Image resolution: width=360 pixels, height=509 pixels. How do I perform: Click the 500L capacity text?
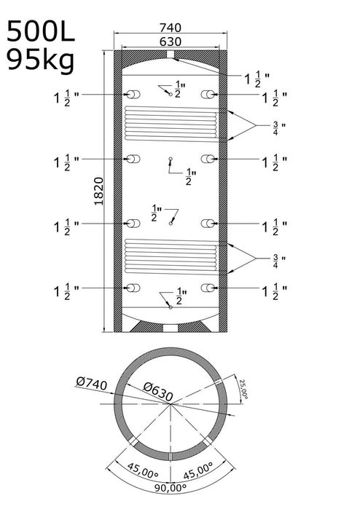point(41,31)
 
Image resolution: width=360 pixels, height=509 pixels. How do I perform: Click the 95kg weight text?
point(41,60)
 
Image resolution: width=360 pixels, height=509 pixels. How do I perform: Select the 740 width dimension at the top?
point(171,28)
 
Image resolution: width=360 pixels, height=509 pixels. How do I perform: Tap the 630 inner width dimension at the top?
point(171,42)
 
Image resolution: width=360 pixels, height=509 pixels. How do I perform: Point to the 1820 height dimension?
point(98,192)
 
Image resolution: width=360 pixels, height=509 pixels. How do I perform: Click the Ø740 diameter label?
point(92,383)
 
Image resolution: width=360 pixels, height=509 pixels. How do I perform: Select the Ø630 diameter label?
point(158,391)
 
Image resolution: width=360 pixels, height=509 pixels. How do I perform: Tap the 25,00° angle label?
point(243,389)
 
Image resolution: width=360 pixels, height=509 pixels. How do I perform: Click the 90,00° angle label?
point(171,488)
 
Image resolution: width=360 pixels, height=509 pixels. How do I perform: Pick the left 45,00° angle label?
point(143,471)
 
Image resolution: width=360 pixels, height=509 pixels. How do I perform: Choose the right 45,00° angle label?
point(198,471)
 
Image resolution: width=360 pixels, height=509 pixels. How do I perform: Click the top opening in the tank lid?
point(171,54)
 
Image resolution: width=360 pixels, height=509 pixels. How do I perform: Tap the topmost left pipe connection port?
point(133,95)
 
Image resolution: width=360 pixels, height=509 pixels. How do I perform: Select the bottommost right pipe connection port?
point(208,288)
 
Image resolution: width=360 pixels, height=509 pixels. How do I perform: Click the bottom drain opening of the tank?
point(171,328)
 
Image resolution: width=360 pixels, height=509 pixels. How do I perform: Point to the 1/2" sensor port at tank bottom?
point(171,307)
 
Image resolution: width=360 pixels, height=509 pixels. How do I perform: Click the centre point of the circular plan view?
point(171,404)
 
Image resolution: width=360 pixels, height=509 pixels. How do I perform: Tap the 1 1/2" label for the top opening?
point(257,79)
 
